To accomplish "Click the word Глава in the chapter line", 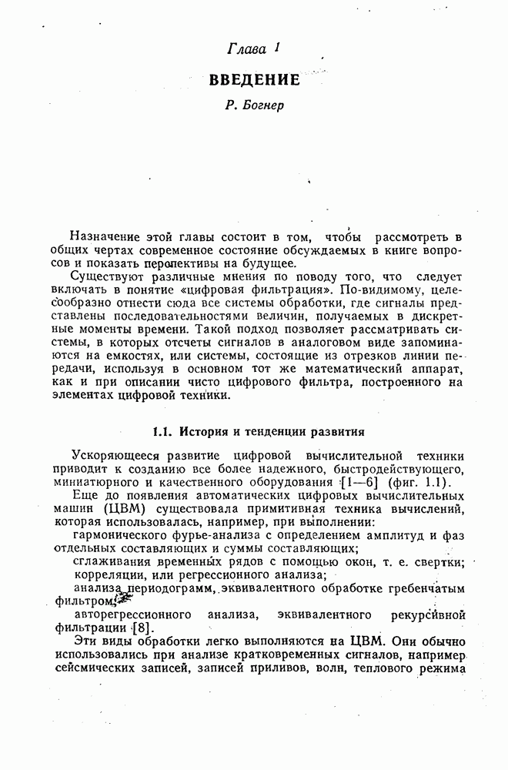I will (246, 50).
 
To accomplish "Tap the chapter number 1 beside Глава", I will (275, 48).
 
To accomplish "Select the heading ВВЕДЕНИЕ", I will (253, 79).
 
